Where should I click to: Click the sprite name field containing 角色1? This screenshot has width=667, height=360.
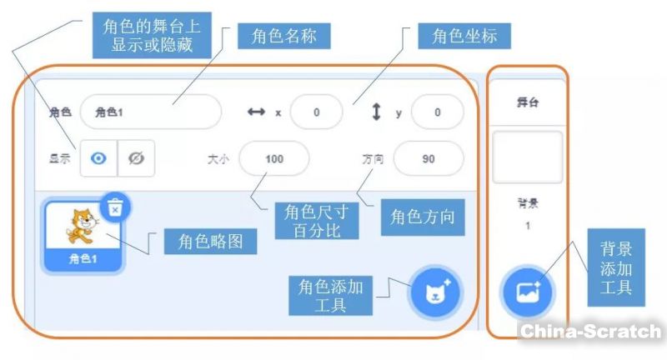(x=150, y=112)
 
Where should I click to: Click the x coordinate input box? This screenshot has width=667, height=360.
(x=316, y=112)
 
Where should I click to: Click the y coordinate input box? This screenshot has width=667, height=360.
(x=437, y=112)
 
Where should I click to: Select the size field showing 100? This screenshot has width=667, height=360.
(x=273, y=158)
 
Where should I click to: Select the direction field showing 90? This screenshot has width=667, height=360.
(x=428, y=158)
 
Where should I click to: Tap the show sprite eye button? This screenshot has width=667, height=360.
(x=98, y=158)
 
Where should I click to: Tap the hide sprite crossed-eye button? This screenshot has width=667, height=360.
(x=136, y=158)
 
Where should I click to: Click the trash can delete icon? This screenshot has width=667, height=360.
(x=115, y=208)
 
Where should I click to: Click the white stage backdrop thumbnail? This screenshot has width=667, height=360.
(x=527, y=157)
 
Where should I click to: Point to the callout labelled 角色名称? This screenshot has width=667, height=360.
(x=283, y=37)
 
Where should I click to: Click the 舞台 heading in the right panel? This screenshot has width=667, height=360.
(x=527, y=103)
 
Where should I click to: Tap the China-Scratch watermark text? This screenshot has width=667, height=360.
(x=590, y=331)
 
